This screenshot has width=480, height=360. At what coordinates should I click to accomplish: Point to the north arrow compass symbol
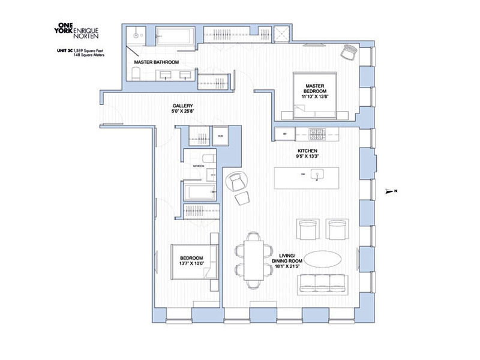coord(391,191)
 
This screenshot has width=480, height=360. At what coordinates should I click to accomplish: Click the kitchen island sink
coord(319,175)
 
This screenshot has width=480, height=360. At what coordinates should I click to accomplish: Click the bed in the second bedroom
coord(193,261)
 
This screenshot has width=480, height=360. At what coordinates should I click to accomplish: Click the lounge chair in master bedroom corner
coord(349,53)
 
